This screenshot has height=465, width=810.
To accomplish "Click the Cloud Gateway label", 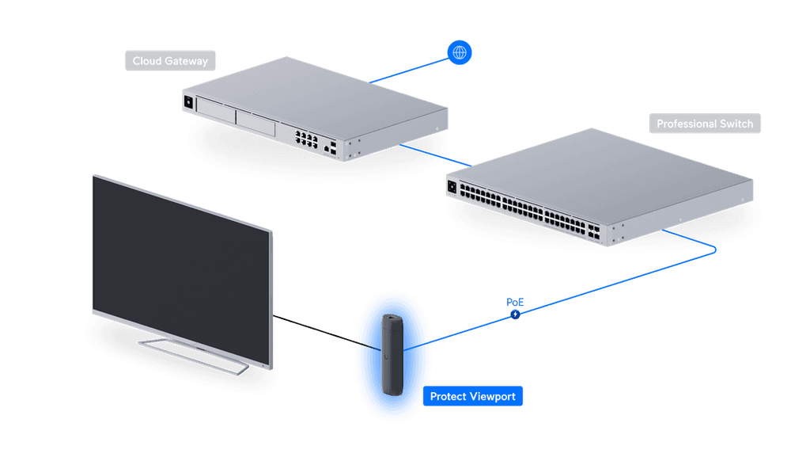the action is click(x=170, y=60).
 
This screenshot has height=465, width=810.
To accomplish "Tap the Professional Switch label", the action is click(x=705, y=124).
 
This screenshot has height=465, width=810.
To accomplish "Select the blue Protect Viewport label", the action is click(x=473, y=396).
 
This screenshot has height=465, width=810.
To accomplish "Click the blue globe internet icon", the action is click(x=460, y=52).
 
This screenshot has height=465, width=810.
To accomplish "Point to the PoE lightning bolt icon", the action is click(x=515, y=314).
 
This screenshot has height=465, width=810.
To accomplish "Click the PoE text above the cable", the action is click(x=515, y=302).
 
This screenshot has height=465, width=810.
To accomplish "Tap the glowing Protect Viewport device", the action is click(x=392, y=355).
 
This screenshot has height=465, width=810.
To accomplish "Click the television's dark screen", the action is click(x=181, y=269).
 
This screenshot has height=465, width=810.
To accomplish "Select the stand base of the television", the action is click(x=193, y=356).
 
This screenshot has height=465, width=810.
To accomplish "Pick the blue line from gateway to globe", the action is click(x=409, y=71).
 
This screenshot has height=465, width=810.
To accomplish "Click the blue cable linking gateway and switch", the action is click(x=436, y=155).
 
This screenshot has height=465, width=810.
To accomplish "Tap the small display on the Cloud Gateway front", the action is click(x=188, y=102).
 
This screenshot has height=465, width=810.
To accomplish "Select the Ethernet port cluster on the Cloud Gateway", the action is click(x=306, y=139).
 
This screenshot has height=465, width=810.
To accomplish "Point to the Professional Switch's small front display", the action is click(x=452, y=187).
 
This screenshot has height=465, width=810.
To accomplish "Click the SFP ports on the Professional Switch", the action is click(x=593, y=232).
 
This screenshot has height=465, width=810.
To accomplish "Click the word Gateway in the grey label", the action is click(x=186, y=61).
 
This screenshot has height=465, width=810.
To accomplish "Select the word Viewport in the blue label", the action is click(x=492, y=397).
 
